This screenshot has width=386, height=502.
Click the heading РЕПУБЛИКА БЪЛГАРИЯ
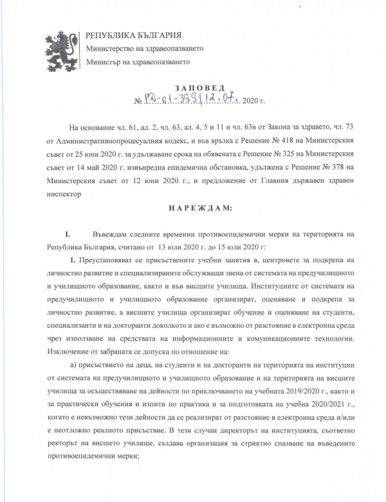[x=133, y=35]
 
